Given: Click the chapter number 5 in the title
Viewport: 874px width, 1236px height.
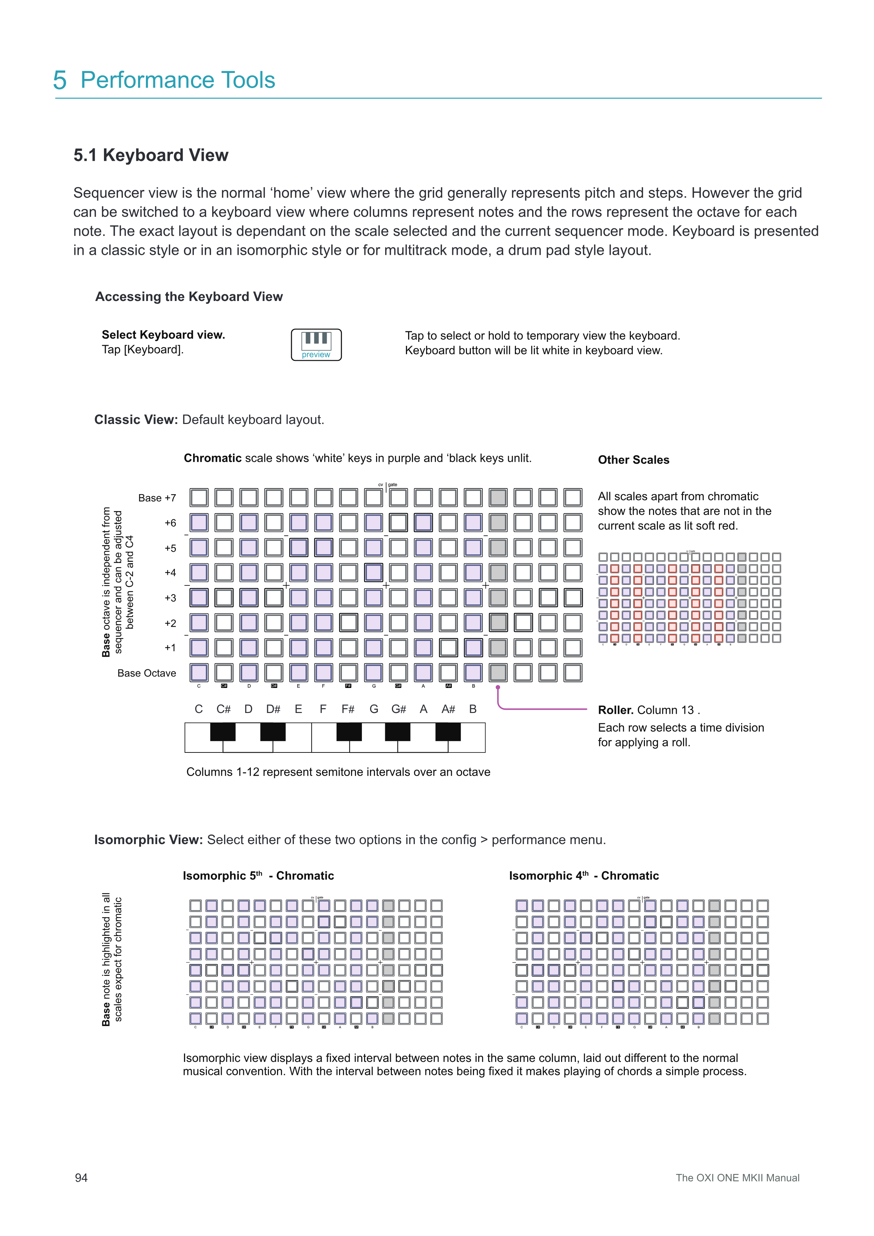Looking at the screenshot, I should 60,80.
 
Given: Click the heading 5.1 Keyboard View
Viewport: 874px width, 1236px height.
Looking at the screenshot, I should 151,155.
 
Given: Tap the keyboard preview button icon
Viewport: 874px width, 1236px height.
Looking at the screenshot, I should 316,345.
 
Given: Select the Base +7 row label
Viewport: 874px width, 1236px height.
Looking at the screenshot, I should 157,498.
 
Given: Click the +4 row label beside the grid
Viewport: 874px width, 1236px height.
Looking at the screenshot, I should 170,572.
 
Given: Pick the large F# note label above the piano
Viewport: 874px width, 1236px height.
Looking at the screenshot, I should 348,709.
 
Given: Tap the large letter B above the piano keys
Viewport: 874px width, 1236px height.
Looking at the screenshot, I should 473,709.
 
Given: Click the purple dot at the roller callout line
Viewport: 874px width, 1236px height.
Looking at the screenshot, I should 498,688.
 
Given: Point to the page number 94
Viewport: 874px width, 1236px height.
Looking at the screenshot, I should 81,1178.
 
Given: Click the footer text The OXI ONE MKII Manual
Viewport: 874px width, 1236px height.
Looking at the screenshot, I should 737,1178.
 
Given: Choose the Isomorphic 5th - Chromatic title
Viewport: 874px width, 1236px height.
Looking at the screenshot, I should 258,876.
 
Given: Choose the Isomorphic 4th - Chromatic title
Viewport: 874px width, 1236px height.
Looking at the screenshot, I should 584,876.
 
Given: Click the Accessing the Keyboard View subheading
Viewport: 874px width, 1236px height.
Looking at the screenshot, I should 189,297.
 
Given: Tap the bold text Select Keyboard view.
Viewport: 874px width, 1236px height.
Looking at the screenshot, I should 163,335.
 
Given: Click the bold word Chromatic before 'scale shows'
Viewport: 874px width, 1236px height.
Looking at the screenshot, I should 213,458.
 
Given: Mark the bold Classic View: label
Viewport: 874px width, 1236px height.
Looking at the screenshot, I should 136,420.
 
